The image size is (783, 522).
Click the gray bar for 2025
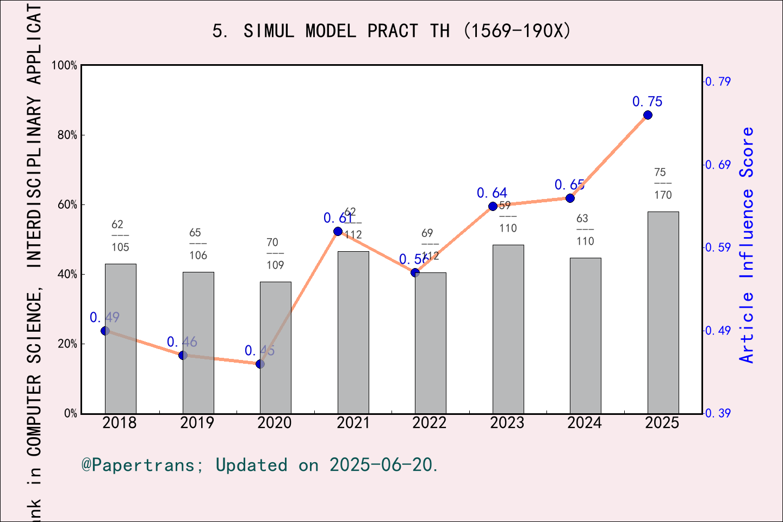663,313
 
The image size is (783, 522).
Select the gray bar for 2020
275,348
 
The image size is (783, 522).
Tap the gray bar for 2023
508,329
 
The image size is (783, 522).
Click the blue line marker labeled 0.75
648,115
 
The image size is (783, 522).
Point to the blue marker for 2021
338,232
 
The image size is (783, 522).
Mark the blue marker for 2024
570,198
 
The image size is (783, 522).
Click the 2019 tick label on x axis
197,423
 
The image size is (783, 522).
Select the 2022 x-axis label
430,423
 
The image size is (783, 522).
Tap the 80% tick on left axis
67,135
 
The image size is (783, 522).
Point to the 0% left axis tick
71,414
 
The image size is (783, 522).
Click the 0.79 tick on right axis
718,82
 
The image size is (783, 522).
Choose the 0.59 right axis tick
718,247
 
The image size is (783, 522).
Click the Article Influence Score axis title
747,245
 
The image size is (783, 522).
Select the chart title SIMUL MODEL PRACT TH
391,31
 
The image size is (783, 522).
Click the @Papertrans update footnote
260,465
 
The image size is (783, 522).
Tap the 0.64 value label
492,193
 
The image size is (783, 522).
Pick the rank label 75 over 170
662,184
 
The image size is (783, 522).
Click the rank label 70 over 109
275,253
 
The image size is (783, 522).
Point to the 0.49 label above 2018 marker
104,318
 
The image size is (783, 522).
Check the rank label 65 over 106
197,244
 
